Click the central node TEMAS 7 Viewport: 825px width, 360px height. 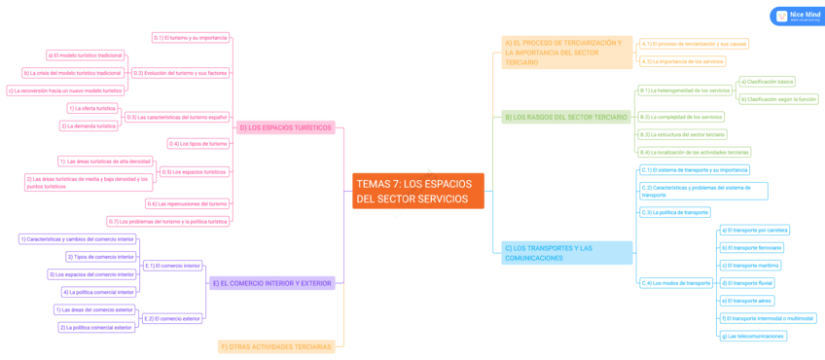[417, 191]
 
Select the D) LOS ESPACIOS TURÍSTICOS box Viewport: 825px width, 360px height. [285, 127]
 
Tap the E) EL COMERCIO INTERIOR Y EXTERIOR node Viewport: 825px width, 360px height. [271, 283]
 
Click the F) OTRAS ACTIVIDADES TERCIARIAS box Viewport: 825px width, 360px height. [276, 346]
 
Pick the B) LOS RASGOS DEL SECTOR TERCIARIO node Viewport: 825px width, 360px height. [565, 117]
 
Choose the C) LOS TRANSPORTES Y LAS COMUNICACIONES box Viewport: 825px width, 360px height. [567, 253]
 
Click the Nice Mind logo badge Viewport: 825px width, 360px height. [796, 17]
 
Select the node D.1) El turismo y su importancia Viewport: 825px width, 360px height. [191, 38]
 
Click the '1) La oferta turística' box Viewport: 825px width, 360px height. [93, 108]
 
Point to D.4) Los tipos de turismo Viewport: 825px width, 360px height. [198, 143]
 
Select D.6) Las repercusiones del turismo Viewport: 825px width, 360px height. [188, 203]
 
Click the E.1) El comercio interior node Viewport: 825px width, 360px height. [172, 265]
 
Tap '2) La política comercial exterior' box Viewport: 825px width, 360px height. [96, 327]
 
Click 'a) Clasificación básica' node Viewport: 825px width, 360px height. [768, 82]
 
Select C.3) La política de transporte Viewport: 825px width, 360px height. [674, 211]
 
